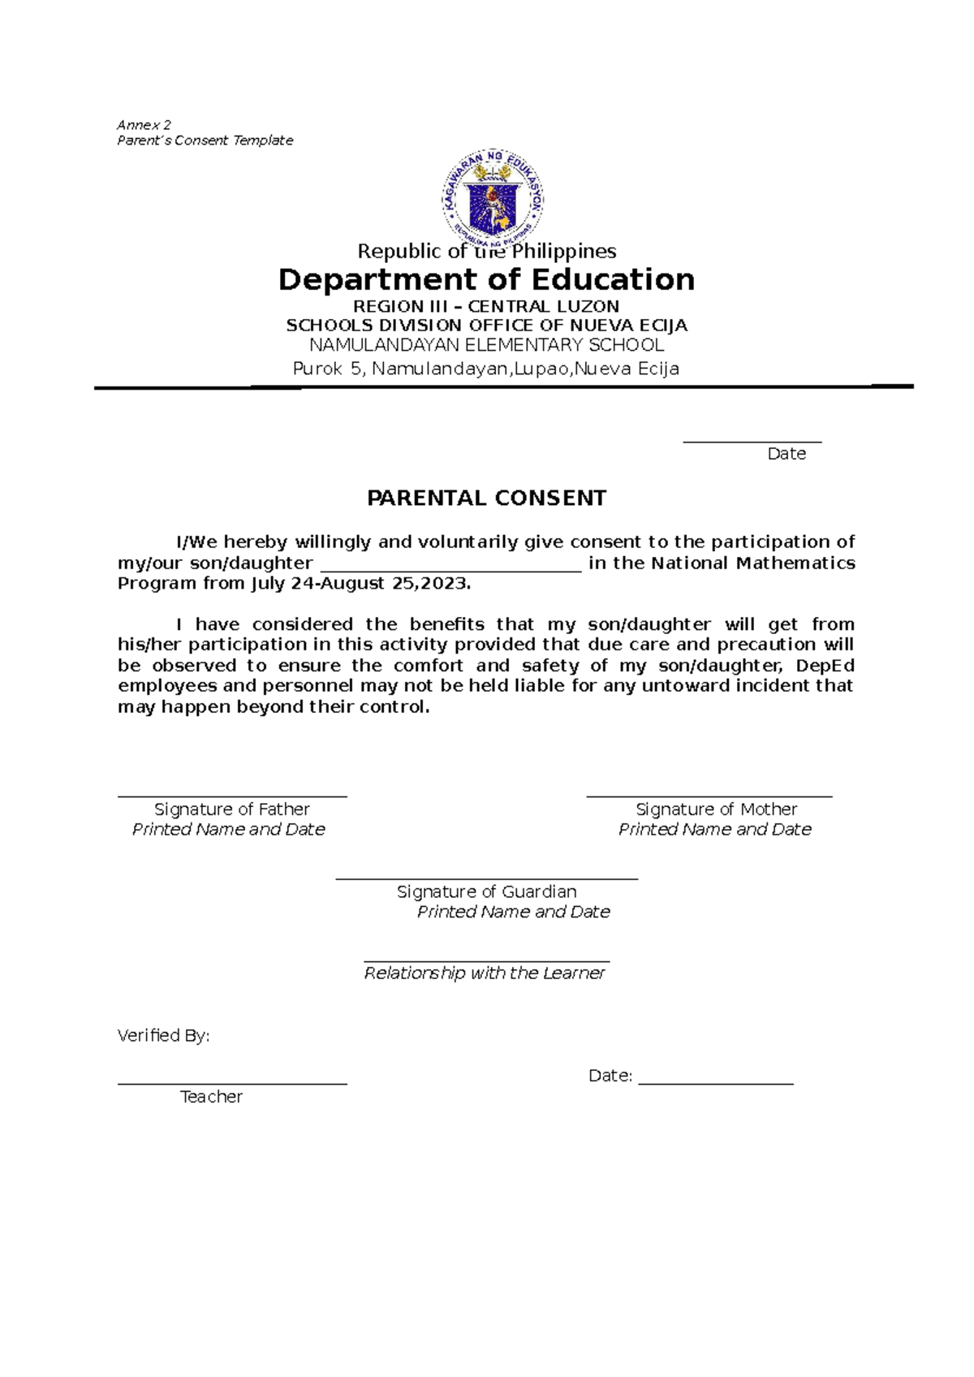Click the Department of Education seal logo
(x=493, y=197)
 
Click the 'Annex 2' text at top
(x=144, y=125)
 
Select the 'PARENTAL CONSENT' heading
(x=486, y=499)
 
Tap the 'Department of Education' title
(x=486, y=279)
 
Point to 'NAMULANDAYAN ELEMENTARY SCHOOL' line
(x=486, y=345)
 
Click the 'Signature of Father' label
(x=231, y=809)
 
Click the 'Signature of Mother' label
(x=715, y=809)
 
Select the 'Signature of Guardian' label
(x=486, y=891)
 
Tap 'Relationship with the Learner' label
(x=485, y=973)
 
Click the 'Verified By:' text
(x=163, y=1035)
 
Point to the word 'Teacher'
(x=211, y=1097)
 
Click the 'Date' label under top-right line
(x=786, y=454)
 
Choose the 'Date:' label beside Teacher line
(x=610, y=1076)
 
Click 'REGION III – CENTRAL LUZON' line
(x=486, y=307)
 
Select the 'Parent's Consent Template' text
(x=205, y=140)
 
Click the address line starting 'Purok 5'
(x=486, y=369)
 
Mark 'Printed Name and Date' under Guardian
(x=513, y=912)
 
